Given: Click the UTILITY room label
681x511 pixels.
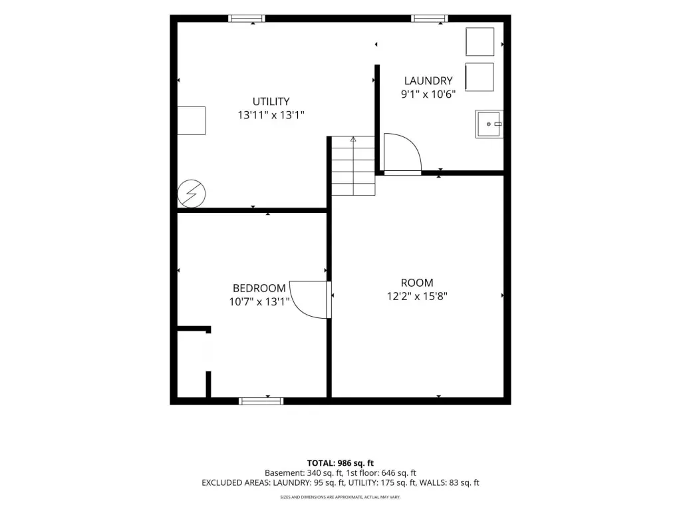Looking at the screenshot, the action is pyautogui.click(x=271, y=101).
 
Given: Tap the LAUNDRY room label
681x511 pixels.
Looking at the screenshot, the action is pyautogui.click(x=428, y=81).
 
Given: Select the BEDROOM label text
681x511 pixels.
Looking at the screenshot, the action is pyautogui.click(x=259, y=288).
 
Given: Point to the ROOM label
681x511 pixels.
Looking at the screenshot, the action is pyautogui.click(x=417, y=283).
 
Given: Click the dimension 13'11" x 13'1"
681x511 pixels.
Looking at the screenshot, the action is pyautogui.click(x=271, y=115).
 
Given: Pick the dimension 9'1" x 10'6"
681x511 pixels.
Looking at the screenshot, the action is pyautogui.click(x=428, y=94).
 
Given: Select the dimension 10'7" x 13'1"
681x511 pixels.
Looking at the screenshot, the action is pyautogui.click(x=259, y=301).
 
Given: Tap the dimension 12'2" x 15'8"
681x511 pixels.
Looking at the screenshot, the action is pyautogui.click(x=417, y=296).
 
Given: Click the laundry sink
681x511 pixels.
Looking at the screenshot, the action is pyautogui.click(x=489, y=124).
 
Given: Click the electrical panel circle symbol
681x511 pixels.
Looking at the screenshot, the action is pyautogui.click(x=192, y=194).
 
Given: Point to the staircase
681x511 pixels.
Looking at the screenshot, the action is pyautogui.click(x=354, y=166).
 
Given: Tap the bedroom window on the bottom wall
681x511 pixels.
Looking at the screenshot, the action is pyautogui.click(x=261, y=401).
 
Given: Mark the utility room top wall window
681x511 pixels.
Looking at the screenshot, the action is pyautogui.click(x=247, y=18).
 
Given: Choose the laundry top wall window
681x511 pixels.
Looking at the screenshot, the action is pyautogui.click(x=430, y=18).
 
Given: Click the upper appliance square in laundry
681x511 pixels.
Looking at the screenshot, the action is pyautogui.click(x=480, y=42).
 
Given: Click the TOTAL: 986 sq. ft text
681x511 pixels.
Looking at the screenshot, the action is pyautogui.click(x=340, y=463).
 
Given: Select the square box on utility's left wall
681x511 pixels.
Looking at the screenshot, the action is pyautogui.click(x=192, y=121).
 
